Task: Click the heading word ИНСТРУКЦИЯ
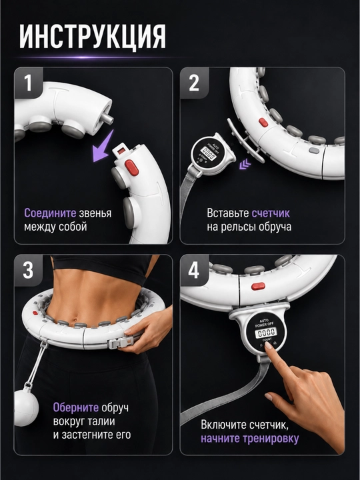[x=93, y=37]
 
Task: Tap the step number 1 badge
[x=28, y=83]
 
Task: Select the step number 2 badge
[x=194, y=83]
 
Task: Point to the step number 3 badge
[x=28, y=270]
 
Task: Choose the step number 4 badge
[x=194, y=270]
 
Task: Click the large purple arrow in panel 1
[x=103, y=146]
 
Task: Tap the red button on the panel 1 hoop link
[x=131, y=167]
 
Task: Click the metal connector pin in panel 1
[x=107, y=119]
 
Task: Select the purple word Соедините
[x=50, y=213]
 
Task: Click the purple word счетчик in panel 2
[x=271, y=213]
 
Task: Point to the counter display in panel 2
[x=208, y=153]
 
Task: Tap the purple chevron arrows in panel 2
[x=245, y=165]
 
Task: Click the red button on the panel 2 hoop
[x=263, y=123]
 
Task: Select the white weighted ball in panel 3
[x=26, y=407]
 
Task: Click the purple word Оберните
[x=76, y=407]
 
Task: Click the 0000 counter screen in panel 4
[x=265, y=332]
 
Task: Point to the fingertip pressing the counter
[x=269, y=346]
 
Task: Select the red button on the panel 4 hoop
[x=258, y=286]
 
